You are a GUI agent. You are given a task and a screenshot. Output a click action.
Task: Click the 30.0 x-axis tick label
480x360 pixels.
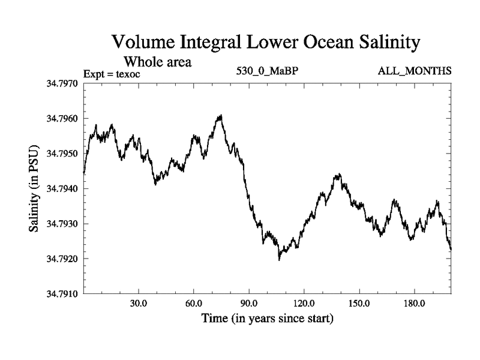tap(139, 303)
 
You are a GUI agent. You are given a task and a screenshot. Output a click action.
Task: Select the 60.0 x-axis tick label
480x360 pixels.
tap(194, 303)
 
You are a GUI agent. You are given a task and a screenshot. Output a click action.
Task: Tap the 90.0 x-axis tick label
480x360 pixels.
tap(249, 303)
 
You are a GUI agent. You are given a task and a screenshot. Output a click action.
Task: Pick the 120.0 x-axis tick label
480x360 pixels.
tap(304, 303)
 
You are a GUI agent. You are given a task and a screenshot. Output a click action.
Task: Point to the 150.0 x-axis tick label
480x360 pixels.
tap(359, 303)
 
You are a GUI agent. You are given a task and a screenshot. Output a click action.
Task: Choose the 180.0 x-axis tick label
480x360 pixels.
tap(415, 303)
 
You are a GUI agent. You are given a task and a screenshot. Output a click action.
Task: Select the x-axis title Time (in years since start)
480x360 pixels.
tap(268, 318)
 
